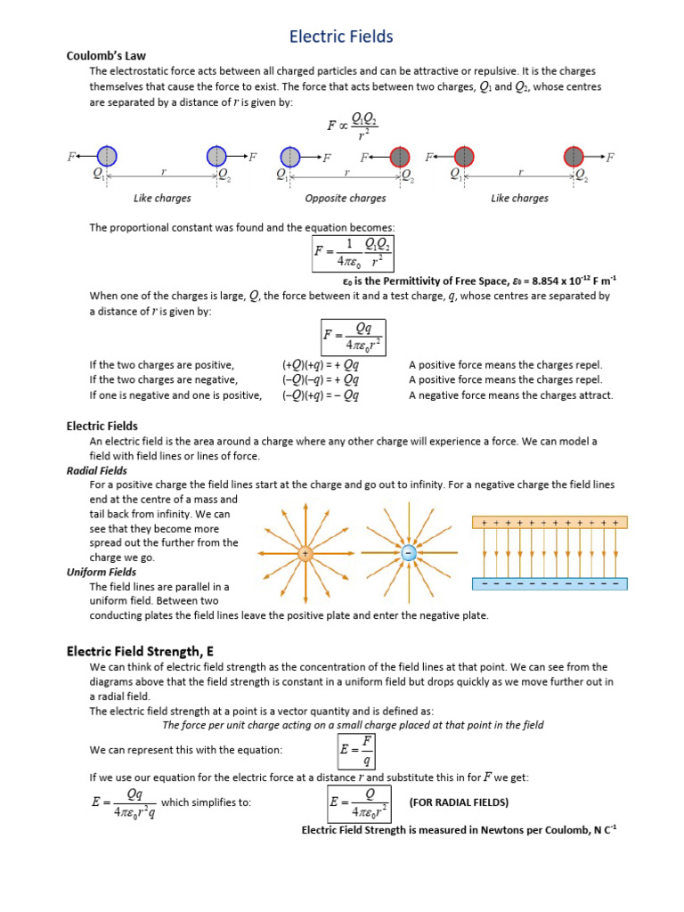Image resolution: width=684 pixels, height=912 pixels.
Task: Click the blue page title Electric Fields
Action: point(341,37)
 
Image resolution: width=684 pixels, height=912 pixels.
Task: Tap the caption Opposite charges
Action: point(346,198)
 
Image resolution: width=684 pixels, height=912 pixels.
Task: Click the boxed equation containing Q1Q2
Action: point(354,252)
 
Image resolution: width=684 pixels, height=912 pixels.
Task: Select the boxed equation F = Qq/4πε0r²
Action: point(353,337)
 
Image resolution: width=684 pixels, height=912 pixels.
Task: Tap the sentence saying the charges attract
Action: point(510,395)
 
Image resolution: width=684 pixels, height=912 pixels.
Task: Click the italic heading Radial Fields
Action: point(97,470)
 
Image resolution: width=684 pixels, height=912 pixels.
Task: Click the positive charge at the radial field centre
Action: point(305,554)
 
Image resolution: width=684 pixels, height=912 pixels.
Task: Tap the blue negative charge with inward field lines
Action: point(408,554)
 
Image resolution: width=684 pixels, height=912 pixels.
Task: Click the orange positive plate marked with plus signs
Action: point(550,523)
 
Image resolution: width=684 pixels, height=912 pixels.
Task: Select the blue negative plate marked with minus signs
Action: point(550,584)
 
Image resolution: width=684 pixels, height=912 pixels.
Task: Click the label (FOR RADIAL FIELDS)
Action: point(459,802)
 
